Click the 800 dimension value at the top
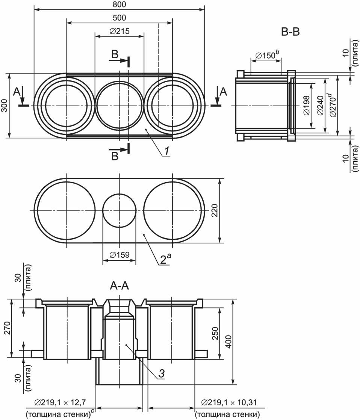119,5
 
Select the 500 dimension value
119,18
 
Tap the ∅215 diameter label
119,31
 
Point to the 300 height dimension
5,106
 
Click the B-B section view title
290,32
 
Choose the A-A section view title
119,286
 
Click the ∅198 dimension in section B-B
307,106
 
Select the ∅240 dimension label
321,106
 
